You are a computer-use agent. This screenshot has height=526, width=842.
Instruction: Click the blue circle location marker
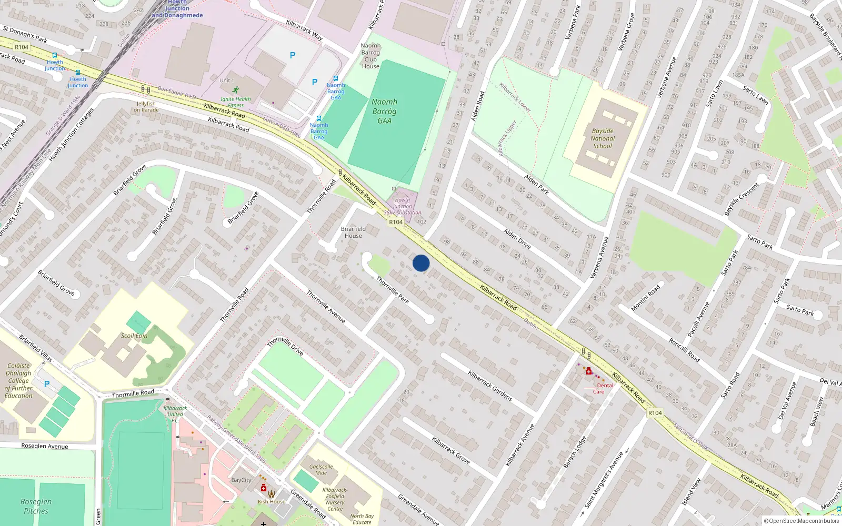coord(421,263)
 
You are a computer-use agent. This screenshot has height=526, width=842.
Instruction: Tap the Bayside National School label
coord(603,139)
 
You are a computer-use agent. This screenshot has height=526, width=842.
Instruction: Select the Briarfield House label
coord(353,232)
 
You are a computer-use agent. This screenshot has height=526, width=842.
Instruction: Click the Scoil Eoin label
coord(134,336)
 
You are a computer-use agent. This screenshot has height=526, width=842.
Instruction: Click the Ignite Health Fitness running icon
coord(235,90)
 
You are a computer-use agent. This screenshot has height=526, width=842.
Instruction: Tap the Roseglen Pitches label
coord(36,506)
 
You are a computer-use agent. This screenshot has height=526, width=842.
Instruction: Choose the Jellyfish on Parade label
coord(146,107)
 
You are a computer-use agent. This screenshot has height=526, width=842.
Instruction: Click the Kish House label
coord(272,502)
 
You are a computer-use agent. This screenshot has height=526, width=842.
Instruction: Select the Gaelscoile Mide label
coord(321,470)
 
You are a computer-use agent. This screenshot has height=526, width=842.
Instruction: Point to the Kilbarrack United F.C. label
coord(175,414)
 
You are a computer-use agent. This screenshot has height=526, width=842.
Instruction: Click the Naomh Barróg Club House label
coord(370,56)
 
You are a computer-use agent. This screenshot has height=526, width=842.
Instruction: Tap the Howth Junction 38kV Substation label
coord(403,206)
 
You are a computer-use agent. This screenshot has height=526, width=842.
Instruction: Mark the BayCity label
coord(242,480)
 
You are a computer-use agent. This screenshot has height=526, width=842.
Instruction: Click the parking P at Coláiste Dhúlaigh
coord(47,384)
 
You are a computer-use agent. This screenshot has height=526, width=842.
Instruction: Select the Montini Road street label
coord(646,298)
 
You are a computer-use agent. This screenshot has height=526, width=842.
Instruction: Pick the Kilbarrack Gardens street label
coord(490,386)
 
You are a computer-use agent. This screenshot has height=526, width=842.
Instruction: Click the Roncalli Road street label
coord(684,350)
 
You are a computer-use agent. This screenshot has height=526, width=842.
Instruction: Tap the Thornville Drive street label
coord(285,346)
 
